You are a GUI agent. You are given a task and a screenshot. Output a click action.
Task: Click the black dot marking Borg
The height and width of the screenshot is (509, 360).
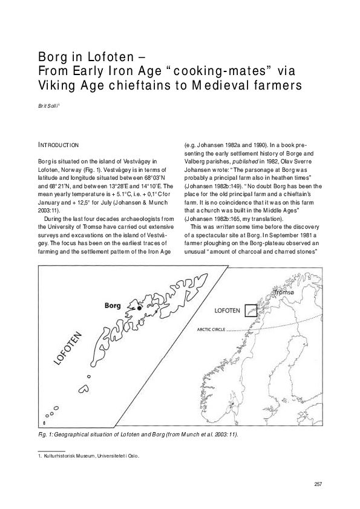point(139,308)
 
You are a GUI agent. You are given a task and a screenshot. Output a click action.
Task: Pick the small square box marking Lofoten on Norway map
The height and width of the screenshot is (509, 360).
point(250,310)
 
